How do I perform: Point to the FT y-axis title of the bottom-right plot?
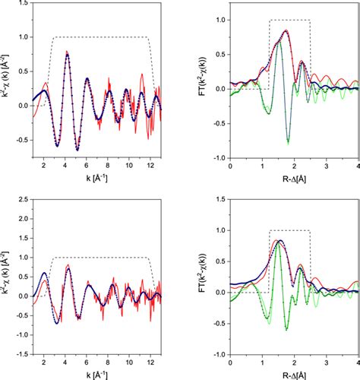(x=204, y=278)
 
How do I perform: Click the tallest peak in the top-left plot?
(x=67, y=54)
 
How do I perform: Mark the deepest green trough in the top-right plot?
(x=288, y=143)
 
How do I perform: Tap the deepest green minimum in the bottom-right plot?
(x=286, y=328)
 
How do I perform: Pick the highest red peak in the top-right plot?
(x=286, y=30)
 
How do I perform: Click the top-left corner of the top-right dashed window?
(x=269, y=20)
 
